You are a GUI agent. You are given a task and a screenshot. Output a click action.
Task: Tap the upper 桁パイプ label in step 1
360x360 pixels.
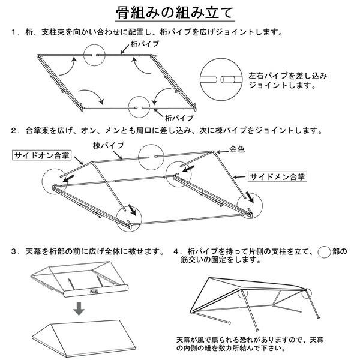[x=145, y=44]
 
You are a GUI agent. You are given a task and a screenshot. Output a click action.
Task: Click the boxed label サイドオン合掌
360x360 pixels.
[x=41, y=155]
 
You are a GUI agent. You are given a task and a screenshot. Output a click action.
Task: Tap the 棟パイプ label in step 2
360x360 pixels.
[x=109, y=145]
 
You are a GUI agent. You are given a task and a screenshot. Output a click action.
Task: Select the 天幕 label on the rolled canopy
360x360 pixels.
[x=93, y=292]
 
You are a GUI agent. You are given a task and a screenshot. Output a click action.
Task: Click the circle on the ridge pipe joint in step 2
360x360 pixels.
[x=151, y=157]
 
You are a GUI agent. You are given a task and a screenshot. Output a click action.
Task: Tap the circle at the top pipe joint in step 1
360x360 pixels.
[x=98, y=55]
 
